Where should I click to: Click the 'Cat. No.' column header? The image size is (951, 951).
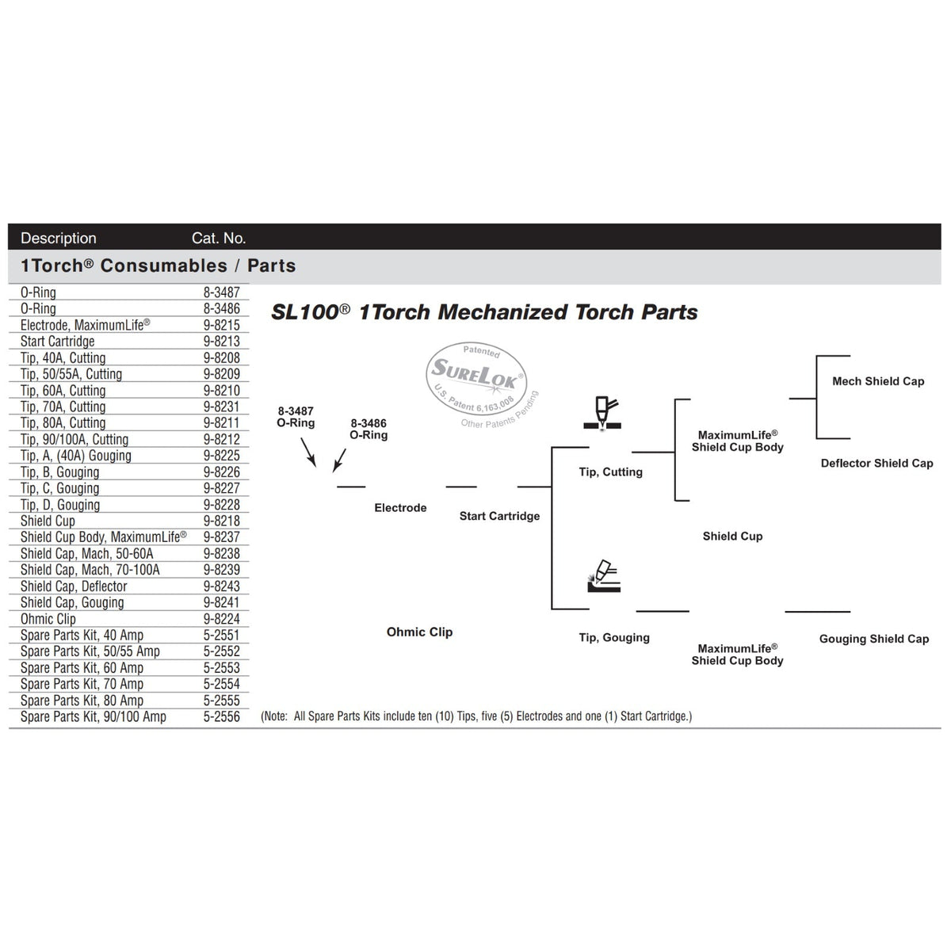[219, 239]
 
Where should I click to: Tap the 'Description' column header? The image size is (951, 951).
[58, 239]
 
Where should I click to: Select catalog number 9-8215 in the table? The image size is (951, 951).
[222, 325]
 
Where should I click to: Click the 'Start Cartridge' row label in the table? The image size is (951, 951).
[57, 341]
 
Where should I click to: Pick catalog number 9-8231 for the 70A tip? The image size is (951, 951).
[222, 407]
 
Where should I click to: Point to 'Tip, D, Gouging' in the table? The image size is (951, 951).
[60, 504]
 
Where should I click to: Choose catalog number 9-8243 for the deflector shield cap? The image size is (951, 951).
[222, 586]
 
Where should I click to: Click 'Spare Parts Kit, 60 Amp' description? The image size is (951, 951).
[82, 667]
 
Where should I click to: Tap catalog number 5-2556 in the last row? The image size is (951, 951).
[222, 716]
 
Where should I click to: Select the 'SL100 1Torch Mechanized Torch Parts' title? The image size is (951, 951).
[485, 312]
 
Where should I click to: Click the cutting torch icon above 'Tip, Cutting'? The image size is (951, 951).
[602, 414]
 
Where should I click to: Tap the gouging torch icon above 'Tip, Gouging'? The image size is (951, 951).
[604, 576]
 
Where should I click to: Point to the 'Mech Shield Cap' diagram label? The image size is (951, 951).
[878, 381]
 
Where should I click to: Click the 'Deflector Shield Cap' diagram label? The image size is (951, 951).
[877, 463]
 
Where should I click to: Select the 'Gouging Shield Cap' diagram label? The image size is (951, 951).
[874, 639]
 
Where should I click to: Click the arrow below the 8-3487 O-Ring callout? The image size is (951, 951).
[308, 452]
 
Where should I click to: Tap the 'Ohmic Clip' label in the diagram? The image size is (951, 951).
[419, 632]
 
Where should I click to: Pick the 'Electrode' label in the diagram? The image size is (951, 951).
[400, 507]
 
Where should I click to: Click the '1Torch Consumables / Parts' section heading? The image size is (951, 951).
[158, 265]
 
